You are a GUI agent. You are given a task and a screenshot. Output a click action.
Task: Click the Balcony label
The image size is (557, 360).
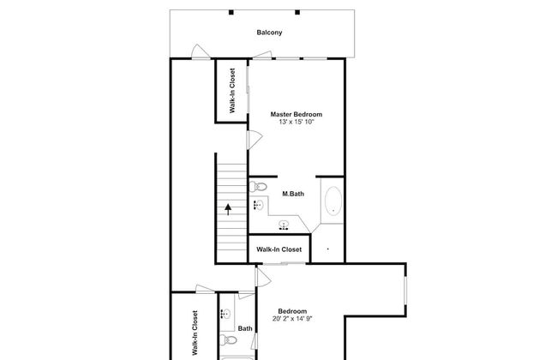pyautogui.click(x=269, y=33)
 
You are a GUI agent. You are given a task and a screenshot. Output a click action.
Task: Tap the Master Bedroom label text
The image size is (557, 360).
pyautogui.click(x=296, y=114)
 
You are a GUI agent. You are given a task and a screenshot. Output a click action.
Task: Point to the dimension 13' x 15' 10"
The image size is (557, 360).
pyautogui.click(x=296, y=122)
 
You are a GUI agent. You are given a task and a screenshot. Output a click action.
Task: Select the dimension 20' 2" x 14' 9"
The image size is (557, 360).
pyautogui.click(x=292, y=319)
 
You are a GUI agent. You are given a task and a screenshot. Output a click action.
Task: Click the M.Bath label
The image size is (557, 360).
pyautogui.click(x=293, y=194)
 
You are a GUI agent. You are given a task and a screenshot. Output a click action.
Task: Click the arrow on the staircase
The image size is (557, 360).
pyautogui.click(x=228, y=209)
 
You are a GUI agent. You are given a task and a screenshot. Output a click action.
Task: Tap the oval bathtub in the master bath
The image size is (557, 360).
pyautogui.click(x=333, y=201)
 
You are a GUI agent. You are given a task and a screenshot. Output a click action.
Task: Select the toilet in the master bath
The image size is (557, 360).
pyautogui.click(x=258, y=186)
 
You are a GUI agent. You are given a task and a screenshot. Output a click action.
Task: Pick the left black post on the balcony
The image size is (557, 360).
pyautogui.click(x=231, y=13)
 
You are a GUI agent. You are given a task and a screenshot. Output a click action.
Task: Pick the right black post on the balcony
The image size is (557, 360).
pyautogui.click(x=297, y=13)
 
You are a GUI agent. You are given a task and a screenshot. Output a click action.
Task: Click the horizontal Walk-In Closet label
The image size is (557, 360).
pyautogui.click(x=278, y=249)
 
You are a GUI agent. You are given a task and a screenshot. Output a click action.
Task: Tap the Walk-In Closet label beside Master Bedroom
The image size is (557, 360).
pyautogui.click(x=232, y=91)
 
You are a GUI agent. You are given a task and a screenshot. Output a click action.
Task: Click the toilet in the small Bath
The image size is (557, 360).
pyautogui.click(x=228, y=340)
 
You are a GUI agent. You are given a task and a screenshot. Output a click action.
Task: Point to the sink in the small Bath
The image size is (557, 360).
pyautogui.click(x=225, y=315)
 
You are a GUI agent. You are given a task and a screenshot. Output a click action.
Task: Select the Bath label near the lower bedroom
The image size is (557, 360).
pyautogui.click(x=245, y=328)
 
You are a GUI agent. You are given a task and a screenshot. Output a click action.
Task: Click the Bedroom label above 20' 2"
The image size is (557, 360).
pyautogui.click(x=292, y=311)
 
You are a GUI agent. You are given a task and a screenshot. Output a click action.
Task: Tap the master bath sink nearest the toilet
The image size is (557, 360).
pyautogui.click(x=259, y=205)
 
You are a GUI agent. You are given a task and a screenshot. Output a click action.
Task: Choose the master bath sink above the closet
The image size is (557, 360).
pyautogui.click(x=284, y=225)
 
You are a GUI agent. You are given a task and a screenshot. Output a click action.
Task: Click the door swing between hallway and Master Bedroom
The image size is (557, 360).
pyautogui.click(x=255, y=140)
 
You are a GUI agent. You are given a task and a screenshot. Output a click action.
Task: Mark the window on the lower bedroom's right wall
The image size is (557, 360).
pyautogui.click(x=405, y=291)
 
